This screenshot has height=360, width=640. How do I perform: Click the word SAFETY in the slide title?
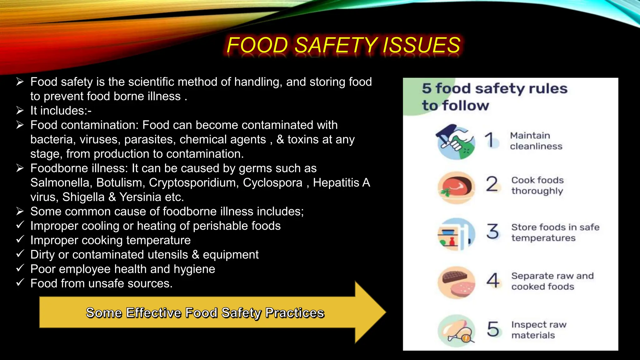336,45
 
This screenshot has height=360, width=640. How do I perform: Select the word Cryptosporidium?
194,182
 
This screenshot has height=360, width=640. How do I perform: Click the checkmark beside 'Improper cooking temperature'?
20,239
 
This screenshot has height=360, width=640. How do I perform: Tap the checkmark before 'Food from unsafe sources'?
20,282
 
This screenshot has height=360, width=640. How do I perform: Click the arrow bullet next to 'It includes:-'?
20,110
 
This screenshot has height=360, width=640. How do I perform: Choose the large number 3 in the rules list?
493,231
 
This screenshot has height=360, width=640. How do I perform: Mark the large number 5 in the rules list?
493,329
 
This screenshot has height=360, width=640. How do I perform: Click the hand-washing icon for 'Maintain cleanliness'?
456,142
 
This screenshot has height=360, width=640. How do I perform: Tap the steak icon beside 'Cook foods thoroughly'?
457,187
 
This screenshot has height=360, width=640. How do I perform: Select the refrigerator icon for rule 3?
456,234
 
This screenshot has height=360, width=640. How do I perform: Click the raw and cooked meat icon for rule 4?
457,283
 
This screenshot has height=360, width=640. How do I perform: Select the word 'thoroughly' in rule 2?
537,191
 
